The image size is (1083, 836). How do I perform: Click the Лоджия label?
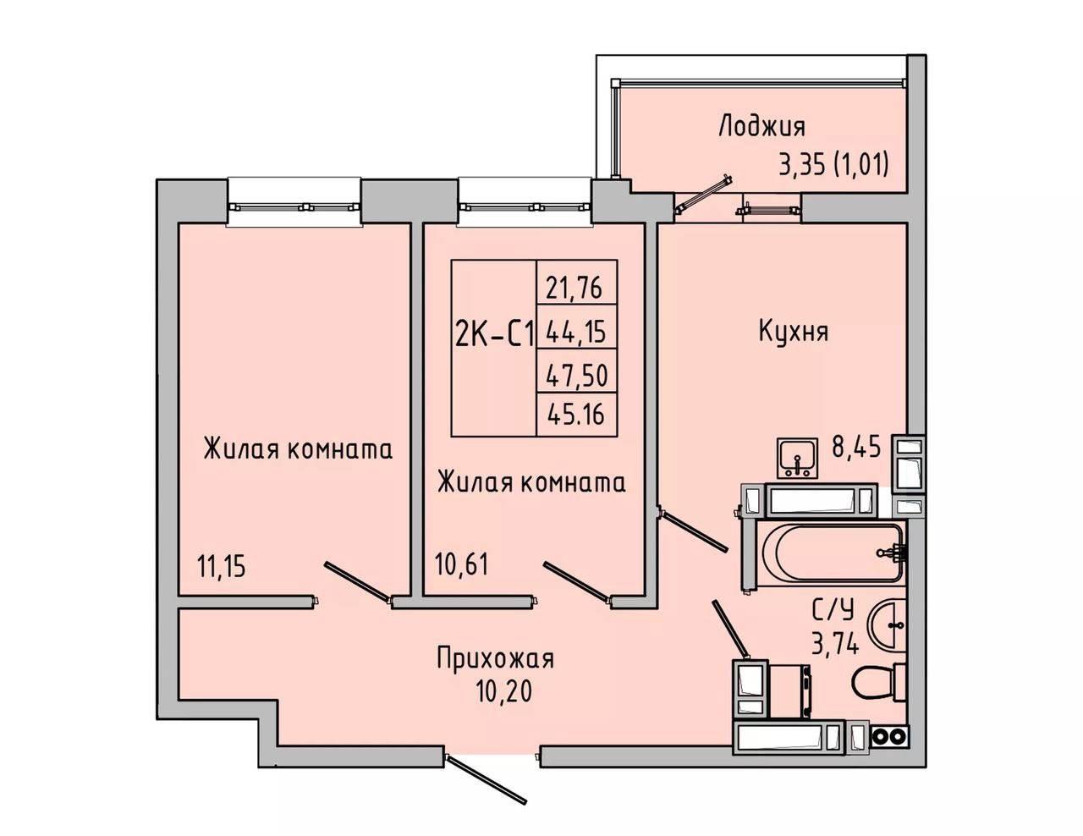(762, 127)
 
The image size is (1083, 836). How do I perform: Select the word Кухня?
(794, 330)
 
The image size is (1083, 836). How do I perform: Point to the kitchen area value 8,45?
(855, 447)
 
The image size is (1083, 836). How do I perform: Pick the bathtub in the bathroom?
(833, 553)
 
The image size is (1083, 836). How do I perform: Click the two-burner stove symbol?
(890, 735)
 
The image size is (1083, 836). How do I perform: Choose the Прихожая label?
(496, 660)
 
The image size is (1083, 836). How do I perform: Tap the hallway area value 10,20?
(504, 691)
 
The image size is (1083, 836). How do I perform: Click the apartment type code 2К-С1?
(494, 334)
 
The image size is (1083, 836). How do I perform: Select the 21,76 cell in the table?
(577, 288)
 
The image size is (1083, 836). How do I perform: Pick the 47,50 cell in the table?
(577, 375)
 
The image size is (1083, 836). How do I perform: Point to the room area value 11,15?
(222, 566)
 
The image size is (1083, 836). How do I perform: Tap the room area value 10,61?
(461, 564)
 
